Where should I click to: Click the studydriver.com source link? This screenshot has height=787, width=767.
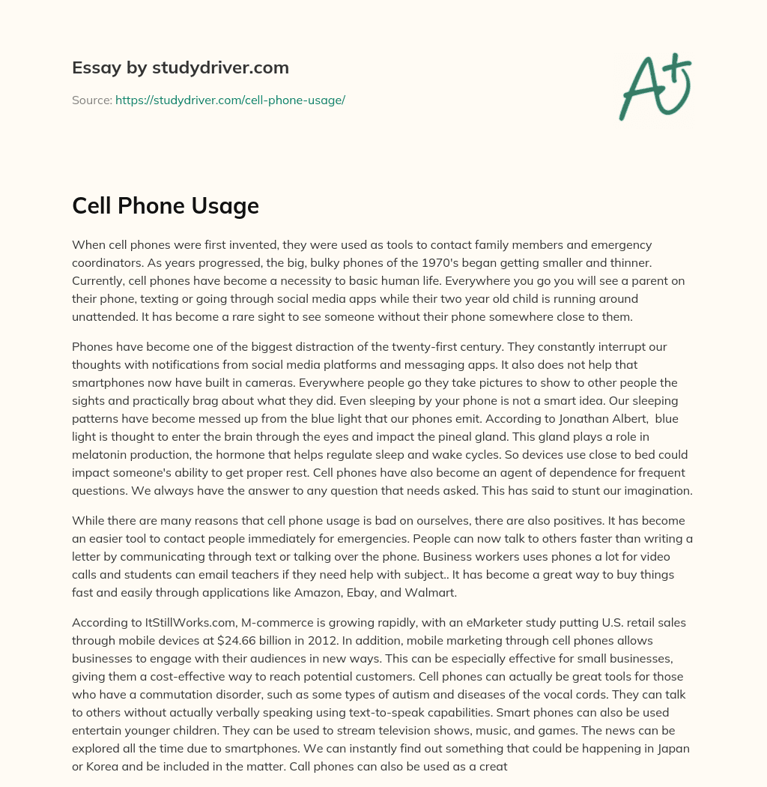(x=230, y=100)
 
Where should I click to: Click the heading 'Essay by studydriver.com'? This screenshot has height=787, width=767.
(x=181, y=67)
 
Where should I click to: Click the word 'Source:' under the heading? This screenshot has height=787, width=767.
(x=91, y=100)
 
